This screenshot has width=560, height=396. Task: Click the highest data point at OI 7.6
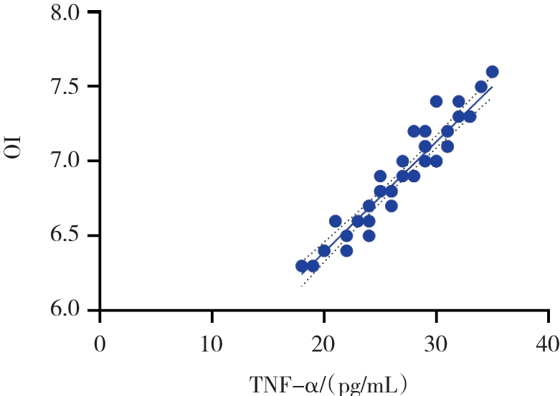[492, 72]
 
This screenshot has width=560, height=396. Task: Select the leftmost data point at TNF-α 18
[302, 265]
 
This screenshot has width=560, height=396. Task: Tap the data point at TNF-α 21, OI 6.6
[336, 221]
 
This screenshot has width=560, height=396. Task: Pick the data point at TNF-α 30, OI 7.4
[436, 101]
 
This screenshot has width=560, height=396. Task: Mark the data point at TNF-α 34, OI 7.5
[481, 87]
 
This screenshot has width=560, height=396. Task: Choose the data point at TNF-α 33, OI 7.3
[470, 116]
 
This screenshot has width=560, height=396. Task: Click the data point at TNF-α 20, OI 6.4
[324, 250]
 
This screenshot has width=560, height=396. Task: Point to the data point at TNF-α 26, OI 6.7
[391, 206]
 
